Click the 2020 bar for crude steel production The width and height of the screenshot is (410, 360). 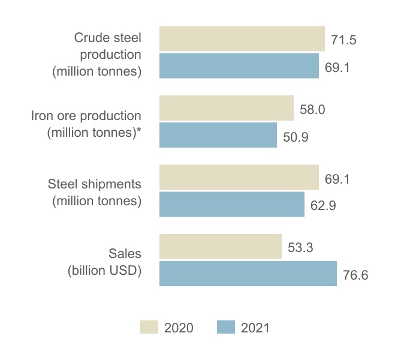(x=242, y=39)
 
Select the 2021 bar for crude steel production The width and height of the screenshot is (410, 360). (x=239, y=66)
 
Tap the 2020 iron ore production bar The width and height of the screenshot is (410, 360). (x=226, y=108)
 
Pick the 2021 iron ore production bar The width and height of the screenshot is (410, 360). (x=218, y=135)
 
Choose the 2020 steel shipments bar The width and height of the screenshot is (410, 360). (x=239, y=178)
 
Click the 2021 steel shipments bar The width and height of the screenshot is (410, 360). (x=231, y=205)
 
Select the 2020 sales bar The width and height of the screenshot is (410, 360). (x=220, y=247)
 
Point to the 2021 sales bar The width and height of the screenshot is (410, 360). (x=248, y=274)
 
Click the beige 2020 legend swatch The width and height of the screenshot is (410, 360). (x=149, y=327)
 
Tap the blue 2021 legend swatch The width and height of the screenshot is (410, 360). (x=225, y=327)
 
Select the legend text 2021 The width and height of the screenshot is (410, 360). (x=256, y=328)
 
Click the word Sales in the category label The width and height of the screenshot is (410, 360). (x=125, y=254)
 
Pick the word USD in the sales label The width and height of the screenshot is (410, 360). (x=123, y=269)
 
